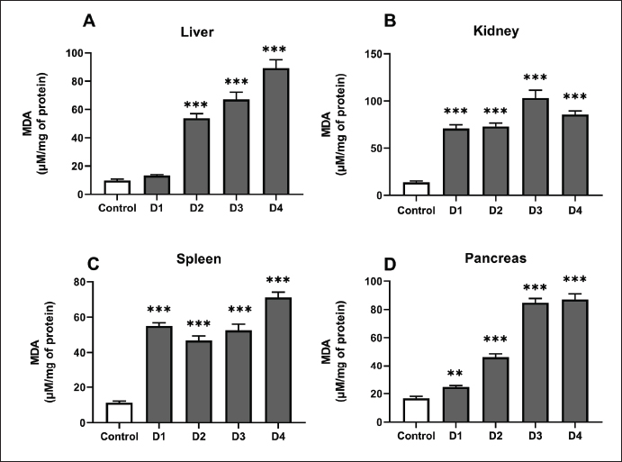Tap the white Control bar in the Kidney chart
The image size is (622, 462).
pyautogui.click(x=390, y=189)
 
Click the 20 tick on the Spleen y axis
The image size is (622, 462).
pyautogui.click(x=79, y=387)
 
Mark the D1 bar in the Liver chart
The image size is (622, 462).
pyautogui.click(x=157, y=185)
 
